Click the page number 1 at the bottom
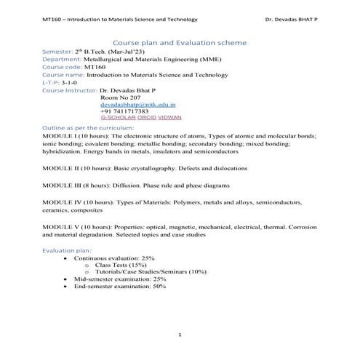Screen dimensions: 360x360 [x=179, y=334]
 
